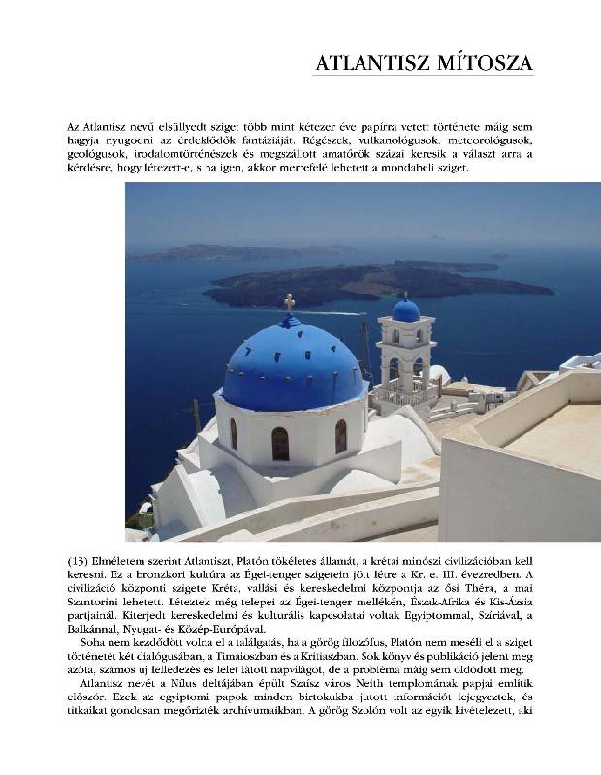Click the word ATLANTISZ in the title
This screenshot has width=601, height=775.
pos(373,64)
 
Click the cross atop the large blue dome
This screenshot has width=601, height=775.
pos(289,303)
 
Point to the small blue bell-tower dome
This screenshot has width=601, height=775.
pos(405,310)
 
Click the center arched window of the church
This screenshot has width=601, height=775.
pos(280,444)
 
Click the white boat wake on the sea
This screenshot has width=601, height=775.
pos(334,312)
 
